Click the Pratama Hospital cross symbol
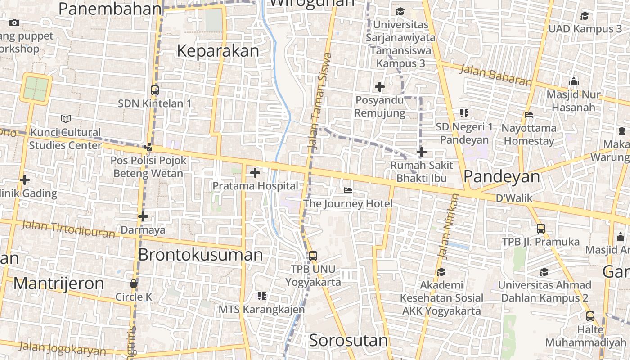[255, 173]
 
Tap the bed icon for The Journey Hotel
[348, 190]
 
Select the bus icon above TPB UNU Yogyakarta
[313, 256]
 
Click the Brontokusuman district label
[200, 255]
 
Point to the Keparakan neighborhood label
[218, 51]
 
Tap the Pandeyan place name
[502, 177]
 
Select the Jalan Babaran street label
[495, 75]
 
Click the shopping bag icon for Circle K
[134, 283]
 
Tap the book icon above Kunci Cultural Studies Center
[66, 119]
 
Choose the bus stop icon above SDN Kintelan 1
[155, 90]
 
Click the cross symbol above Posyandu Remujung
[380, 86]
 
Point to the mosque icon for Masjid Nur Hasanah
[573, 82]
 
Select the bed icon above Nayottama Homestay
[529, 114]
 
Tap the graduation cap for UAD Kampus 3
[585, 16]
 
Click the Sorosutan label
[348, 341]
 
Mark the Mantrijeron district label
[58, 283]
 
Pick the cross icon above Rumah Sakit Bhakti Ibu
[421, 152]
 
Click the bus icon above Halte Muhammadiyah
[590, 316]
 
